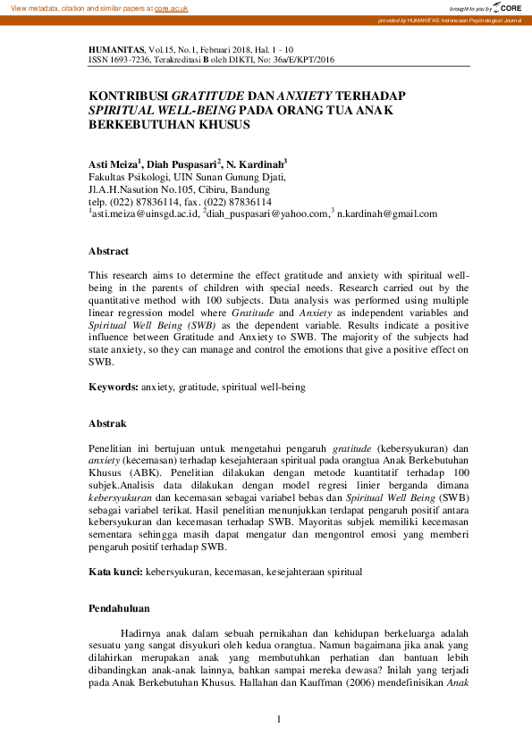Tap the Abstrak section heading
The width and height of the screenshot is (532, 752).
coord(107,423)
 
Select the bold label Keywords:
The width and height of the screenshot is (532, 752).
coord(114,388)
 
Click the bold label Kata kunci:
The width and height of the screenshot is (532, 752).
coord(115,571)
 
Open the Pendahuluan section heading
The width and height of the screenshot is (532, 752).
coord(119,608)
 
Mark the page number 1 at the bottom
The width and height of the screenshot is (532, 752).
coord(279,719)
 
